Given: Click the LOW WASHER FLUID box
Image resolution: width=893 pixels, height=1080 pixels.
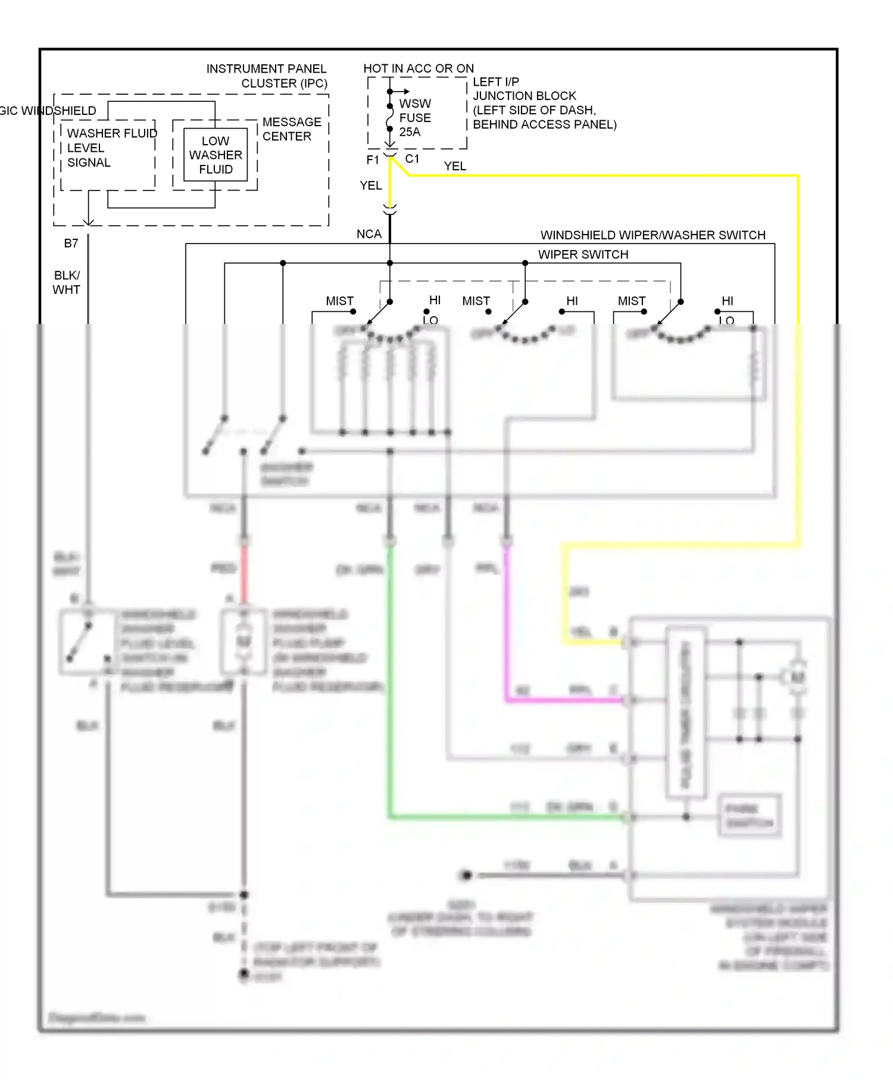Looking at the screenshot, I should click(x=216, y=155).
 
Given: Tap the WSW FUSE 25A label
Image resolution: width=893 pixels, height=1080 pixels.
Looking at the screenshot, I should click(x=414, y=118).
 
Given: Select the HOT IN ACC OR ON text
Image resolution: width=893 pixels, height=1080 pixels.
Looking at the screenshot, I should click(x=419, y=68).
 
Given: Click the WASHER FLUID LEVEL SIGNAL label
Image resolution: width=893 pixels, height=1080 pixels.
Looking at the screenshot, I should click(x=111, y=148).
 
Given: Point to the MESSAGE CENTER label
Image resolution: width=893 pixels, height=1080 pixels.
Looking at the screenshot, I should click(x=291, y=129).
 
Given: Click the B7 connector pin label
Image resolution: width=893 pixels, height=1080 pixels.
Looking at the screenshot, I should click(x=71, y=244).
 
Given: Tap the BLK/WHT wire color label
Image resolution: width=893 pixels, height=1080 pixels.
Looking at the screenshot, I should click(x=66, y=283).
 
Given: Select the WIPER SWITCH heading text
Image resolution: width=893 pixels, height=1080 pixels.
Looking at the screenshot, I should click(x=583, y=255).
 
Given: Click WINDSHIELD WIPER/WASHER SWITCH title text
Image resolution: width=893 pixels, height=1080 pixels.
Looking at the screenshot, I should click(x=652, y=235).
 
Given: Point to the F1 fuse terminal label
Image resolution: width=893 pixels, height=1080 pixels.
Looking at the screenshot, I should click(x=373, y=160).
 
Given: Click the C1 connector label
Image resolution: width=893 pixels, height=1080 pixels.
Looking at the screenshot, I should click(x=412, y=159).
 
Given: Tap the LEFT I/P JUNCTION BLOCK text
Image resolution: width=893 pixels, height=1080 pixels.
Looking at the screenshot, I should click(x=544, y=103).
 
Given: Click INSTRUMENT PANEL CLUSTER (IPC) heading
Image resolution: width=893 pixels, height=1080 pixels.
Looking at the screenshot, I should click(x=267, y=76).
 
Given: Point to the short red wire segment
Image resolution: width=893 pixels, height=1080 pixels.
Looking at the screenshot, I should click(x=244, y=572).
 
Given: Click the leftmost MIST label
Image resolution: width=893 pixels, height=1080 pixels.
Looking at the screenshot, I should click(x=339, y=301).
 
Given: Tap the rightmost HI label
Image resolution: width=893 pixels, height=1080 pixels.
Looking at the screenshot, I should click(x=727, y=301).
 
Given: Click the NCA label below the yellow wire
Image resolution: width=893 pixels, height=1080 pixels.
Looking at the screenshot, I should click(x=369, y=235).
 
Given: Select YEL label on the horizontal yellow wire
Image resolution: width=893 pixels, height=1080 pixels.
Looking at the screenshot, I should click(x=455, y=167).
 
